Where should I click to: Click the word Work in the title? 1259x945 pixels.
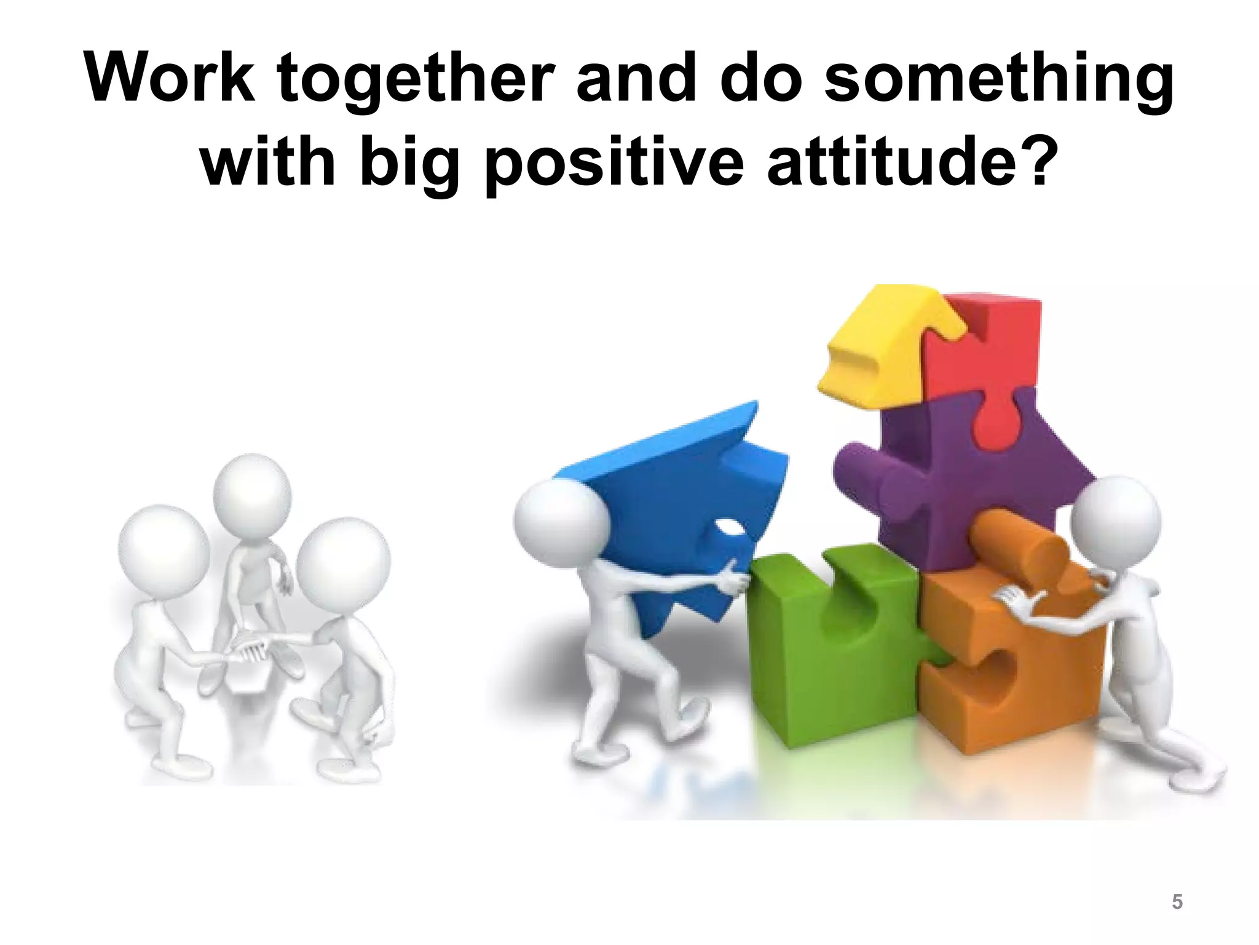(x=170, y=79)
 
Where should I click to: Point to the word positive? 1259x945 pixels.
(x=614, y=163)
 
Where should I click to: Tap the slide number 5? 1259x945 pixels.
(x=1177, y=902)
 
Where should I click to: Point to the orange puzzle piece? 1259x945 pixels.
(x=1008, y=652)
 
